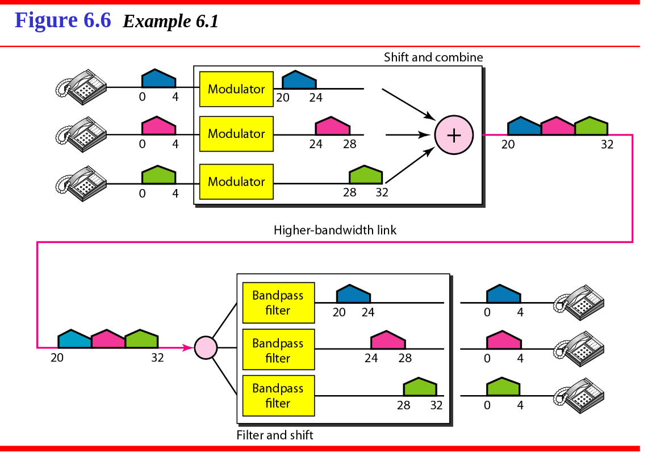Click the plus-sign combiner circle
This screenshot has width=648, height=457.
tap(454, 135)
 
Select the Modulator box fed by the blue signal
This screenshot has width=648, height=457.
tap(236, 89)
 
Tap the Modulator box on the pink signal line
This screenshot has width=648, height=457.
tap(236, 133)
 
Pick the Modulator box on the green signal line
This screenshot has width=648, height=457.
tap(236, 182)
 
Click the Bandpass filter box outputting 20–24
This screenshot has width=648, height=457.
tap(278, 303)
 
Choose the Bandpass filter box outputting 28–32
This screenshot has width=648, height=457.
tap(278, 396)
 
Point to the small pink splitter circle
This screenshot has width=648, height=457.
tap(206, 347)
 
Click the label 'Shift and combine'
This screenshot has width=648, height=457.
tap(433, 57)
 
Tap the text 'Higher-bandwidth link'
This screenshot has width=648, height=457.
tap(335, 230)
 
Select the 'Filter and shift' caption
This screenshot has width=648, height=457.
tap(275, 435)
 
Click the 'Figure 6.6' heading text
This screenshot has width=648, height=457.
tap(63, 20)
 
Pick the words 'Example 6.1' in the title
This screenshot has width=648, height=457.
tap(171, 21)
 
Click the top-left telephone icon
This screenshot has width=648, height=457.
tap(81, 87)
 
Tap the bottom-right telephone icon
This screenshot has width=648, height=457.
tap(579, 396)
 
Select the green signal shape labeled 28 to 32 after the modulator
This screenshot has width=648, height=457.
tap(366, 174)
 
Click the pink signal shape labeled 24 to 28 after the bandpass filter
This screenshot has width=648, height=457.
tap(388, 339)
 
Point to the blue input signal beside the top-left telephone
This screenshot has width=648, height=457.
tap(158, 78)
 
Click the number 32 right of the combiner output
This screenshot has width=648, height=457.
tap(607, 144)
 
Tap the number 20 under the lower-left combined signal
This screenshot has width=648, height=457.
tap(57, 358)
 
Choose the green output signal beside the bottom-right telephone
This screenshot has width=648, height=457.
tap(503, 387)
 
